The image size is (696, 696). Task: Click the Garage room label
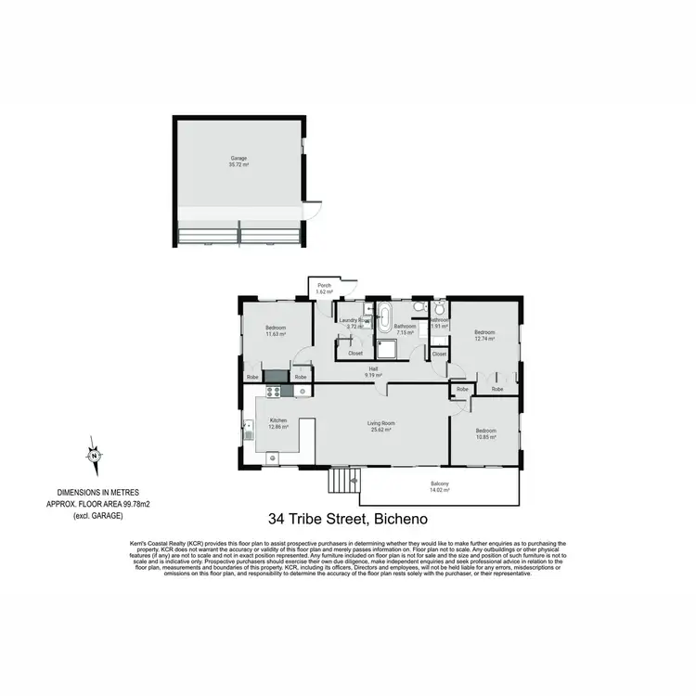[239, 159]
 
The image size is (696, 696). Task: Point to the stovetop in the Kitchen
[274, 392]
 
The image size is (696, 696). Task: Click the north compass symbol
[94, 456]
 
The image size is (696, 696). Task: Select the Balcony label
[440, 484]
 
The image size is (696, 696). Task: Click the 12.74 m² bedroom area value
[484, 340]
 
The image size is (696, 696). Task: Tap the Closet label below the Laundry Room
[355, 353]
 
